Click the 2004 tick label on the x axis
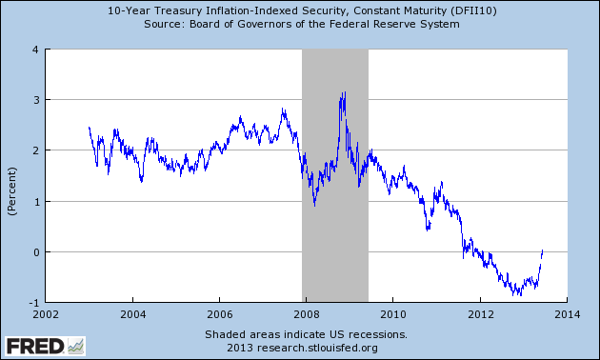click(132, 314)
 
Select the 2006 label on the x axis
click(220, 314)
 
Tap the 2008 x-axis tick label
click(307, 314)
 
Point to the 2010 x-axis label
click(393, 314)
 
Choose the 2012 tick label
click(480, 314)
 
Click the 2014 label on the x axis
click(567, 314)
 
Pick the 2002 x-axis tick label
click(46, 314)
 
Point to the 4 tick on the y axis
click(36, 50)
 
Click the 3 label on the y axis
click(36, 100)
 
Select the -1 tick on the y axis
click(34, 303)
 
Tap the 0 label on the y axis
click(36, 252)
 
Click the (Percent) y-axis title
click(12, 191)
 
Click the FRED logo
click(45, 347)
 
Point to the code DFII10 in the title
click(473, 10)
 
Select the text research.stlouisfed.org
click(317, 348)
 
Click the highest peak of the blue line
click(345, 91)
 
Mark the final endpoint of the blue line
click(543, 250)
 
